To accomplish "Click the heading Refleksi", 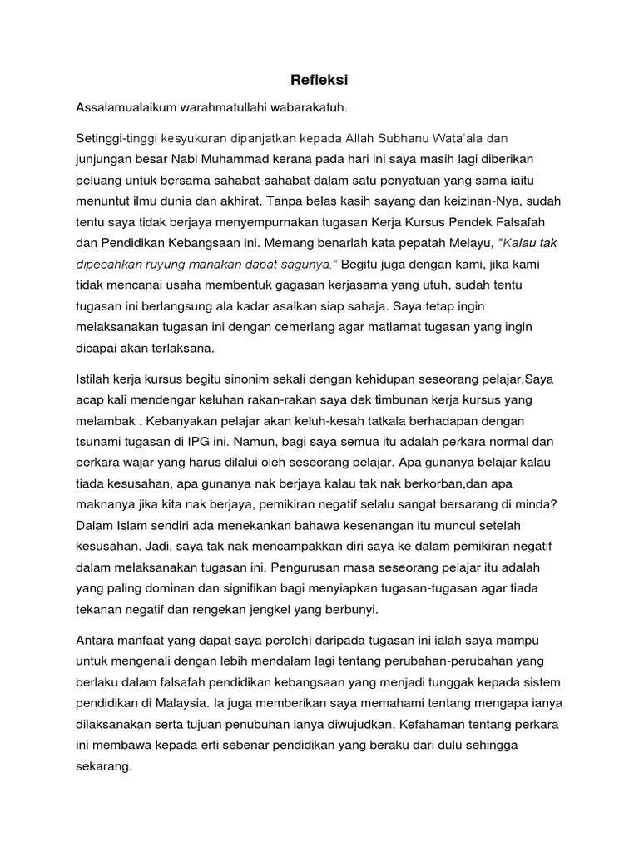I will pyautogui.click(x=319, y=80).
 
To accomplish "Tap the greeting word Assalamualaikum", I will pyautogui.click(x=127, y=107).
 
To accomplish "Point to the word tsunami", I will pyautogui.click(x=100, y=442).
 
